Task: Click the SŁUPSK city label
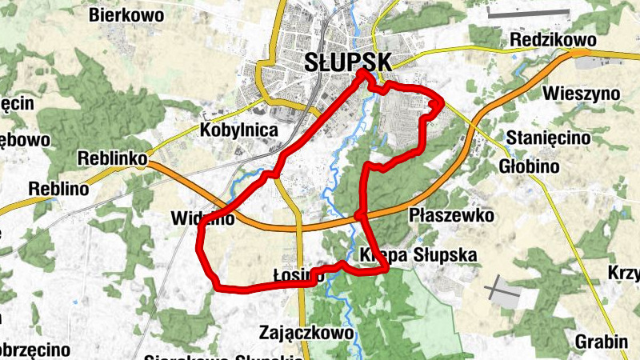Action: (x=348, y=62)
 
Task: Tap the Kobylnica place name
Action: (x=239, y=130)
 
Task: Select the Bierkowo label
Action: (x=126, y=14)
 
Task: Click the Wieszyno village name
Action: (x=581, y=93)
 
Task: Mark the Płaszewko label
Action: (x=451, y=215)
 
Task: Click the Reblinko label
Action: (x=113, y=159)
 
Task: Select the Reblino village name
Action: (x=58, y=189)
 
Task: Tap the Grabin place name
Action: (x=601, y=342)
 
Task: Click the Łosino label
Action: (x=298, y=276)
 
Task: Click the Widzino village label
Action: (x=203, y=218)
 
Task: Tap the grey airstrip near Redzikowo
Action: (x=527, y=13)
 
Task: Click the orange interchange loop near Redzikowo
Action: (x=582, y=54)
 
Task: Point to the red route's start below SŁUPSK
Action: (x=362, y=74)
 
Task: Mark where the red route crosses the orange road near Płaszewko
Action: (x=360, y=214)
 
